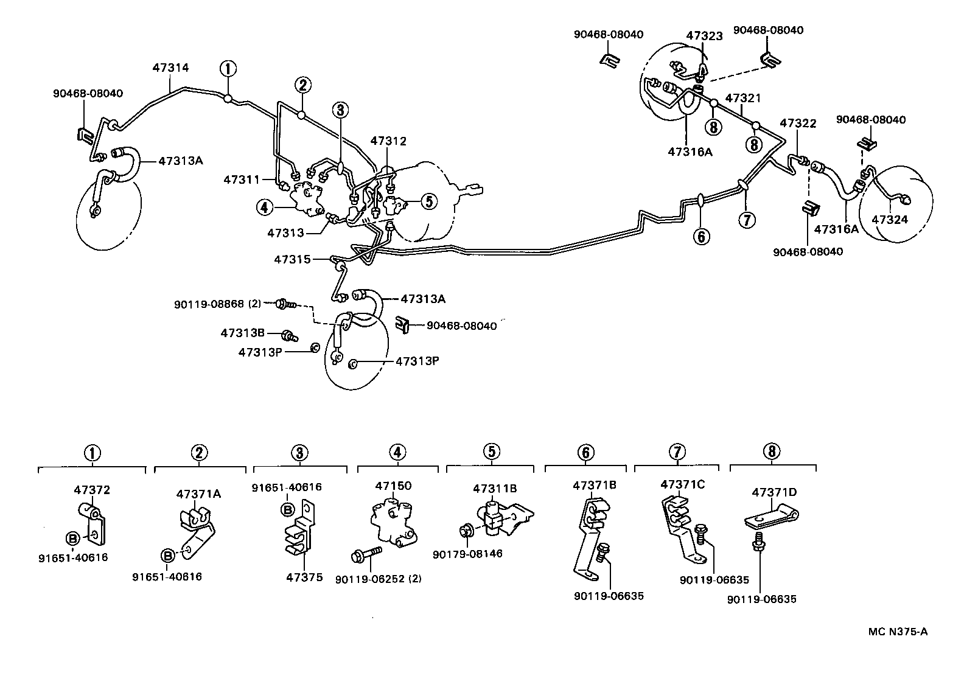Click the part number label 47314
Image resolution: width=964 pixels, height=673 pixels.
[170, 68]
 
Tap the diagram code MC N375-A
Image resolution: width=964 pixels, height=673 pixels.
[898, 632]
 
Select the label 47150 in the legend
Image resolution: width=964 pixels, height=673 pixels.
[393, 486]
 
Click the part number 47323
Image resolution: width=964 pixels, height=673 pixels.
[704, 36]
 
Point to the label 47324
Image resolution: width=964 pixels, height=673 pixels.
[889, 220]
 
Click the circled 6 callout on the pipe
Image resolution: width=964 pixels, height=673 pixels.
[701, 236]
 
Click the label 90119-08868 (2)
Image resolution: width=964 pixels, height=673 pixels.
[217, 303]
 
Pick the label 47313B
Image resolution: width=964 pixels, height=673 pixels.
[242, 333]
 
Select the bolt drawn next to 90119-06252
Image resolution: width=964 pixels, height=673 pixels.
[365, 554]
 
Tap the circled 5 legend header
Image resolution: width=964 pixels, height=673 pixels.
[491, 452]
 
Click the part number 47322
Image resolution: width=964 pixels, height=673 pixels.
[797, 123]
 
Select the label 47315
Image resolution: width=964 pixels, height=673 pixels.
[292, 259]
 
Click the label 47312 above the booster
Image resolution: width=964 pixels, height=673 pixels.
[388, 141]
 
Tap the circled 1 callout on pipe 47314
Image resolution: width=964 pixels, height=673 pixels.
[228, 68]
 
